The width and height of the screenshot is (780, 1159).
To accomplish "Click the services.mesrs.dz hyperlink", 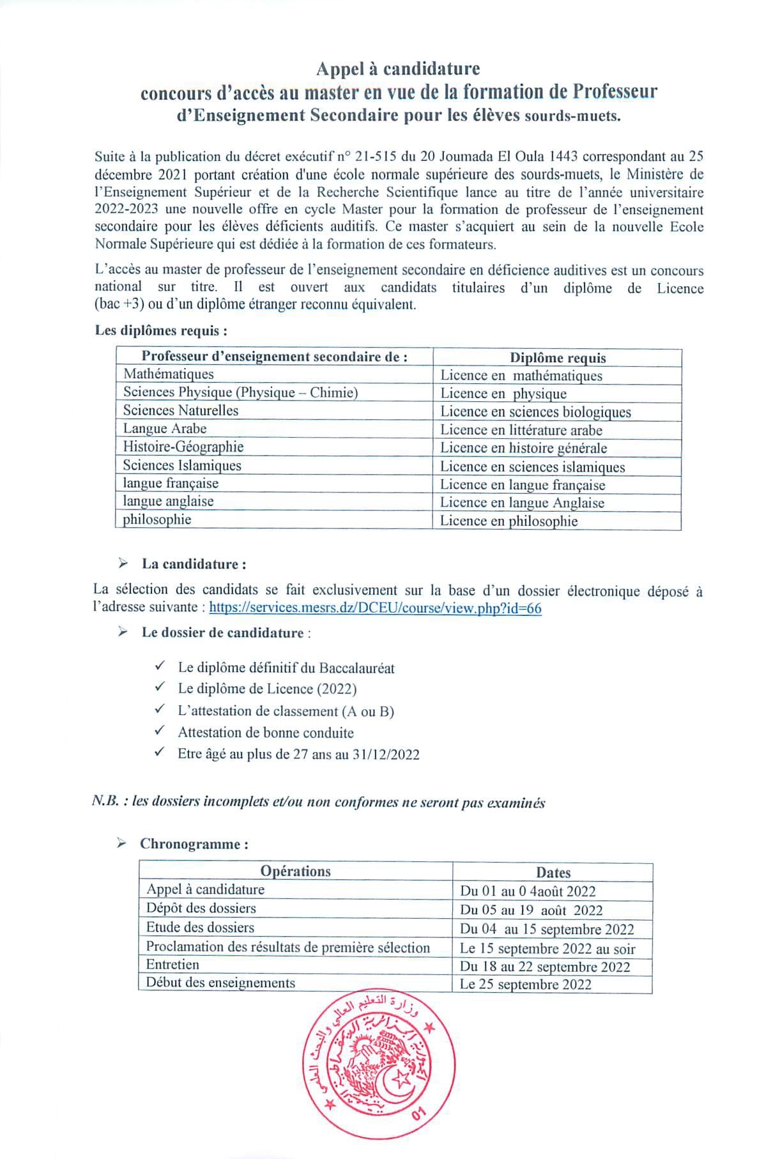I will [375, 608].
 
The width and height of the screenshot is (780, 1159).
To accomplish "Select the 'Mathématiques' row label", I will [169, 374].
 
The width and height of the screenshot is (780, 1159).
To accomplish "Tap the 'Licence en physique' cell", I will [503, 394].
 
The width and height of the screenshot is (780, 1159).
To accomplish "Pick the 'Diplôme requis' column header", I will [558, 358].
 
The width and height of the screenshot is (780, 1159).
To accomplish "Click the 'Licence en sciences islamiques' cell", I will [532, 466].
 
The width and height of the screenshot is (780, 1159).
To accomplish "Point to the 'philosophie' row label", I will [157, 519].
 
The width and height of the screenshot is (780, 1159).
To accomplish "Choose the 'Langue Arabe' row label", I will [165, 428].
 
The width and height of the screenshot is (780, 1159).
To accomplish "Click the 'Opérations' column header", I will [295, 871].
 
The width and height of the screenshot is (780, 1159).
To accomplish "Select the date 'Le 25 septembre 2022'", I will [526, 984].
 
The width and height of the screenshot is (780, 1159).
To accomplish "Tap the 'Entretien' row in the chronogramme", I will [172, 964].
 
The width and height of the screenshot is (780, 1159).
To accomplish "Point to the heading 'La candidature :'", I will [194, 564].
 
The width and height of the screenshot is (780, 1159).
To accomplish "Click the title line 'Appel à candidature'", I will [399, 68].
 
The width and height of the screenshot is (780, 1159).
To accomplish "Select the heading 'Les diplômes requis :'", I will [162, 330].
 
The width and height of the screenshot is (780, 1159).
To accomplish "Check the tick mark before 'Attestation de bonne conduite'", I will [160, 730].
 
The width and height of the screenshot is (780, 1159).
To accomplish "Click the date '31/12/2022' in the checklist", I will [385, 755].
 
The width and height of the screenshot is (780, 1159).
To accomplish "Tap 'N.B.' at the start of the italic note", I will [105, 802].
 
